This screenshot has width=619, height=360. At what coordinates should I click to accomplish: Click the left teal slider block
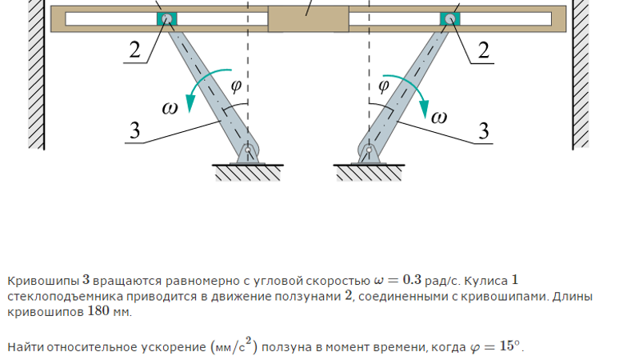(166, 18)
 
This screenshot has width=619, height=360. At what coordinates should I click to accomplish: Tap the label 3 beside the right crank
(483, 129)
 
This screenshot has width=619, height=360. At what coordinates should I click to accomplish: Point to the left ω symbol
(170, 110)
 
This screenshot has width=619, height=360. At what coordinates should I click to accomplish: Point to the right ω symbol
(439, 118)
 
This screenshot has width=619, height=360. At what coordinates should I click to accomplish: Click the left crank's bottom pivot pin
(249, 150)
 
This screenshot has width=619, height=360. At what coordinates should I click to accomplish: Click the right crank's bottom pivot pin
(369, 150)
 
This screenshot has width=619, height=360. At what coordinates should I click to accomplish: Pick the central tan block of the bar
(308, 18)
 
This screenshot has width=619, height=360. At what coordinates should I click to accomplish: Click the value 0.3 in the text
(412, 280)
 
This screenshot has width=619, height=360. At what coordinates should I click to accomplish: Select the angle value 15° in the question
(510, 346)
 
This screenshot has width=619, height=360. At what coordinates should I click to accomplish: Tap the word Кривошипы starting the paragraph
(43, 281)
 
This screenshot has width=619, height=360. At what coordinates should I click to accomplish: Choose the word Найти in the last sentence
(25, 347)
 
